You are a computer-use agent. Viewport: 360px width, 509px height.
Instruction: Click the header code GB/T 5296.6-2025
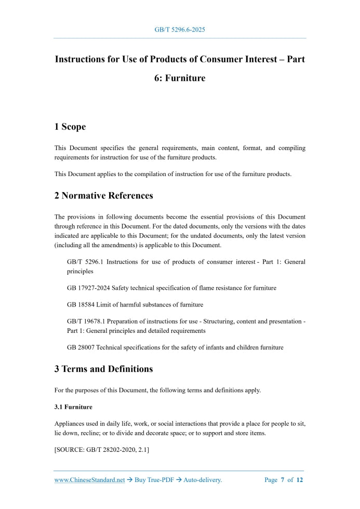[180, 30]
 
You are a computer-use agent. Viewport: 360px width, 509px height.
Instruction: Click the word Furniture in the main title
[184, 78]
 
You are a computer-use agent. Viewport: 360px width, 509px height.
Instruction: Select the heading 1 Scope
[70, 127]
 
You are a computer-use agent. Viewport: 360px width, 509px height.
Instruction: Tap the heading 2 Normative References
[103, 196]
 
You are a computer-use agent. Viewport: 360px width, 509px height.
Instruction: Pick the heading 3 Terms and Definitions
[103, 369]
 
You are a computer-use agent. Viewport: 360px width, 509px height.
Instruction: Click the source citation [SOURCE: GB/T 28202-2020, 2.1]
[102, 450]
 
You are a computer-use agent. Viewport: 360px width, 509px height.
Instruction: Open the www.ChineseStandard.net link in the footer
[89, 480]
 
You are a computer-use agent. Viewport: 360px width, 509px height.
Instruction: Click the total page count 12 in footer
[300, 480]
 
